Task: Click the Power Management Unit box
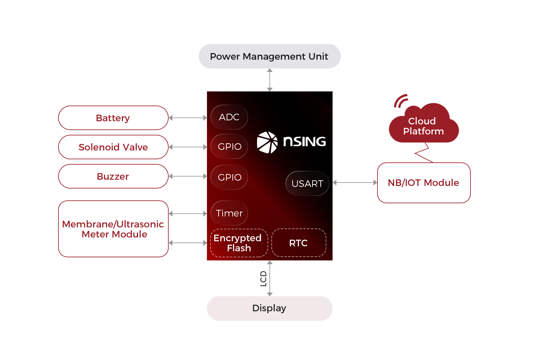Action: [x=269, y=57]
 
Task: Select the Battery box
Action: [x=113, y=118]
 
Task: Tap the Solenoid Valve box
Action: [x=113, y=147]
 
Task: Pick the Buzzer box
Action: [x=113, y=177]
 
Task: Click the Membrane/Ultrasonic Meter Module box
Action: [x=113, y=229]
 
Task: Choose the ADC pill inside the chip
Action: [x=229, y=117]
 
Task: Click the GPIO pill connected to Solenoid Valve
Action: [x=229, y=147]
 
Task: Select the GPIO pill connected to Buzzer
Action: [x=229, y=177]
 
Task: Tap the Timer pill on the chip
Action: [x=229, y=213]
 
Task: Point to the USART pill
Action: [x=307, y=184]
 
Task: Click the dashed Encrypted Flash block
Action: [x=239, y=243]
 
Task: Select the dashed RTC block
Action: [x=299, y=243]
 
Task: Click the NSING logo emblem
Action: [x=267, y=142]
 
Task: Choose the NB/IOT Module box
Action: [x=424, y=183]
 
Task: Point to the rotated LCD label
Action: [x=263, y=279]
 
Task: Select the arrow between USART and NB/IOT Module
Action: [x=355, y=183]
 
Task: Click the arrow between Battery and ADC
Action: [x=188, y=118]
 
